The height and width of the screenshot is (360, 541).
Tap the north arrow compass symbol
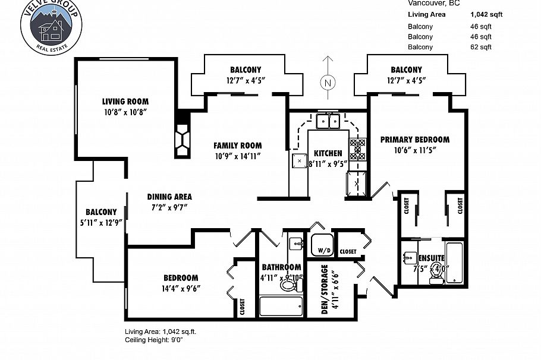pyautogui.click(x=326, y=83)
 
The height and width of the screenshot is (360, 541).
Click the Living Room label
pyautogui.click(x=125, y=102)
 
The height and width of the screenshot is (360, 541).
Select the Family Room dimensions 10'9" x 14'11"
pyautogui.click(x=238, y=156)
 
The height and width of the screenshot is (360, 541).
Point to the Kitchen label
pyautogui.click(x=328, y=153)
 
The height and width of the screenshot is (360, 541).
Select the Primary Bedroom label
pyautogui.click(x=414, y=140)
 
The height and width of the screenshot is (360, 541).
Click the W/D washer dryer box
pyautogui.click(x=323, y=245)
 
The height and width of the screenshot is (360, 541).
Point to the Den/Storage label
pyautogui.click(x=325, y=289)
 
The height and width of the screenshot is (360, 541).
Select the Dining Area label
pyautogui.click(x=169, y=197)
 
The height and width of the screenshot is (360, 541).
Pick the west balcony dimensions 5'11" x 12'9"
pyautogui.click(x=101, y=223)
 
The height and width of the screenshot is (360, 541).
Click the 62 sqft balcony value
pyautogui.click(x=481, y=47)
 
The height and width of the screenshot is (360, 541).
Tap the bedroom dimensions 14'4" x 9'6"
pyautogui.click(x=181, y=289)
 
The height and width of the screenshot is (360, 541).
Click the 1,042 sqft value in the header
pyautogui.click(x=486, y=15)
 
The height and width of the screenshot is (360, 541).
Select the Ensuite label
pyautogui.click(x=431, y=258)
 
